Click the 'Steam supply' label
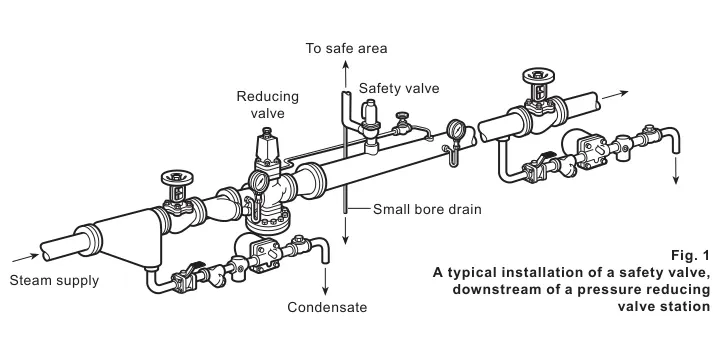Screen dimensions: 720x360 tap(54, 281)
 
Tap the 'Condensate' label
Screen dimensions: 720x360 tap(327, 307)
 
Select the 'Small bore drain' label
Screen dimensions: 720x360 tap(427, 209)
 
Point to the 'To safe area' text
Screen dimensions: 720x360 tap(347, 48)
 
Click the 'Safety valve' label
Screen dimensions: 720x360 tap(399, 88)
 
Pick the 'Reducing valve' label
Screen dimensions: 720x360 tap(268, 105)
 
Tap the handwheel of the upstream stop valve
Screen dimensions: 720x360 tap(177, 177)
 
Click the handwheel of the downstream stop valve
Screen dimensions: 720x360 tap(539, 75)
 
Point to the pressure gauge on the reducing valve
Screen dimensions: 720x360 tap(259, 181)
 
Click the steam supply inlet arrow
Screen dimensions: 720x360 tap(25, 257)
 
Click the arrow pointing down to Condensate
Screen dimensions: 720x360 tap(325, 281)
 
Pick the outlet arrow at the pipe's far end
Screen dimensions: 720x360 tap(615, 95)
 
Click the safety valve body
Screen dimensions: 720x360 tap(370, 122)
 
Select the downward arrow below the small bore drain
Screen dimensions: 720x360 tap(346, 230)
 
